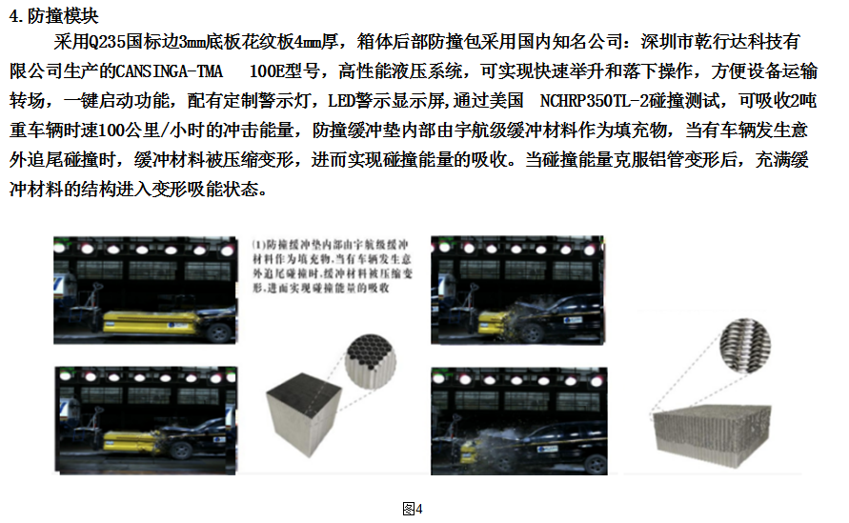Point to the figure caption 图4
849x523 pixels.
point(414,508)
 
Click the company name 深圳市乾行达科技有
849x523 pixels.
point(707,44)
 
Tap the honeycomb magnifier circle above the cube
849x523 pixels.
point(371,360)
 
